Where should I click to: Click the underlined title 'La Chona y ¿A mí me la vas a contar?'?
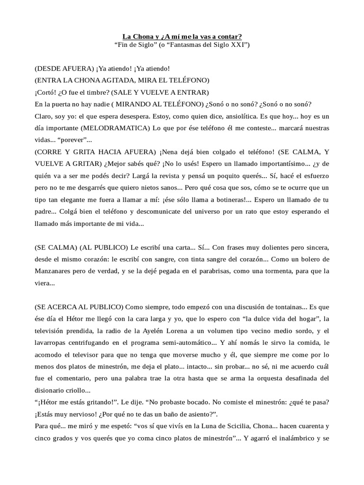point(182,36)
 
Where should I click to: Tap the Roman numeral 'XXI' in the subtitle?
point(238,45)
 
